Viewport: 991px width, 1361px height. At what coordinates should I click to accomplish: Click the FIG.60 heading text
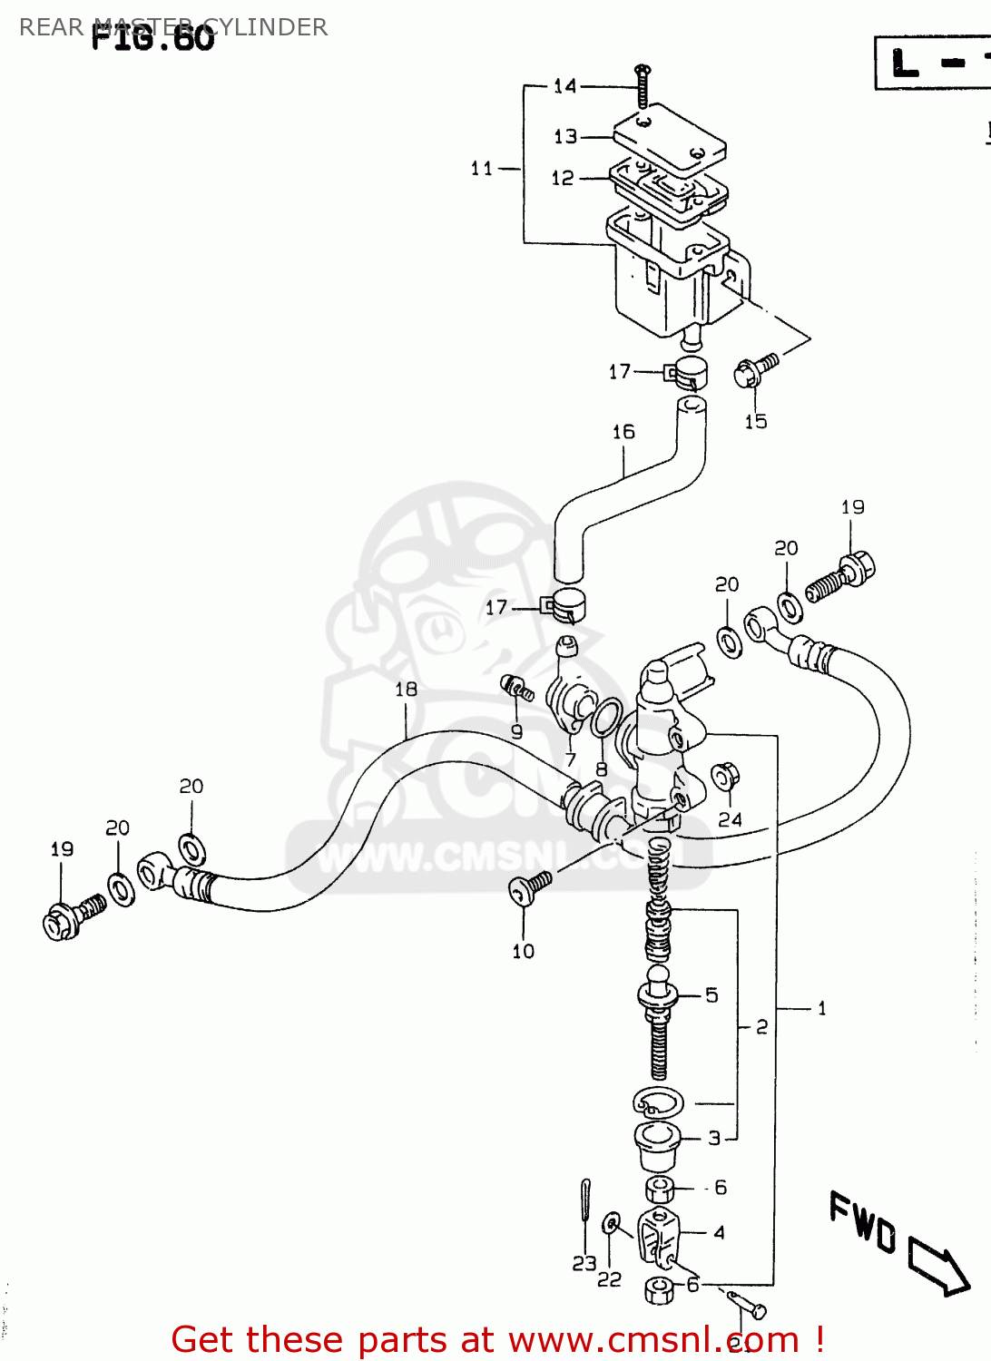[152, 37]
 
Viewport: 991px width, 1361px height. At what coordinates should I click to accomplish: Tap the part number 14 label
[564, 86]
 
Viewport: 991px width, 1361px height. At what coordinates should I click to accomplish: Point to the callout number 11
[481, 168]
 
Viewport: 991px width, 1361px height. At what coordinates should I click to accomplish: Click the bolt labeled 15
[755, 370]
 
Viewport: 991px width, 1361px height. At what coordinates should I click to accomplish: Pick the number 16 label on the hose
[623, 432]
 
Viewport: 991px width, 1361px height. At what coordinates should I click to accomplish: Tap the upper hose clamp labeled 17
[686, 372]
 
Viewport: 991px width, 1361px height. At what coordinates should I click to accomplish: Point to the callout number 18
[406, 690]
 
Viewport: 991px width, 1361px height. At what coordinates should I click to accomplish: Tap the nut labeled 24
[725, 778]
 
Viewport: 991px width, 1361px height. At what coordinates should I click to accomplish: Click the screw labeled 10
[529, 888]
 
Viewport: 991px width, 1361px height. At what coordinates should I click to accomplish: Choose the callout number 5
[711, 995]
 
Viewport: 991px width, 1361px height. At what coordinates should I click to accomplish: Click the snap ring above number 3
[658, 1102]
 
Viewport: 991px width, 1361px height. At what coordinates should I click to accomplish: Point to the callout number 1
[821, 1008]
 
